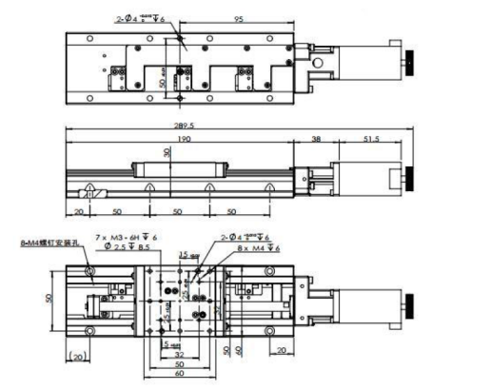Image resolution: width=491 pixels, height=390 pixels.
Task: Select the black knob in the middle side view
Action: pyautogui.click(x=408, y=177)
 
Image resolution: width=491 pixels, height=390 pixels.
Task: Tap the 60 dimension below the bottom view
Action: pyautogui.click(x=180, y=374)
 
